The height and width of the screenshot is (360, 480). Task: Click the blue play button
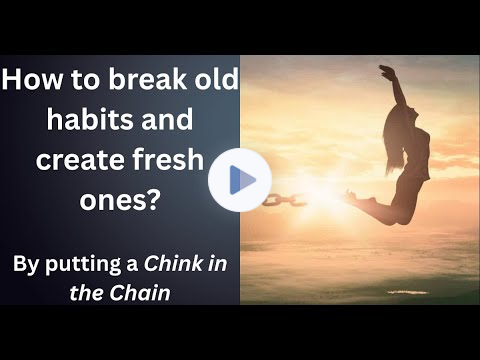pos(240,180)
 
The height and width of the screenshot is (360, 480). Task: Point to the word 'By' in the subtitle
pos(26,265)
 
